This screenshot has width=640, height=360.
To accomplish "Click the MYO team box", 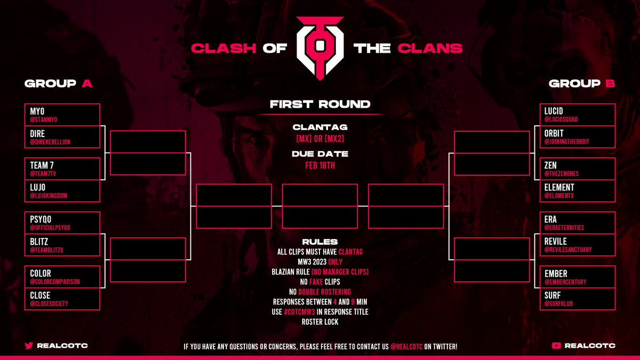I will click(62, 115).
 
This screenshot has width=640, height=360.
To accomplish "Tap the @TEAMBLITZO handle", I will click(50, 250).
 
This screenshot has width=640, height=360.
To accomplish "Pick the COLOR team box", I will click(62, 277).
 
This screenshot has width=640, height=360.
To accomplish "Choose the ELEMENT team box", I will click(578, 191).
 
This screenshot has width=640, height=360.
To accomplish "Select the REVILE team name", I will click(555, 241).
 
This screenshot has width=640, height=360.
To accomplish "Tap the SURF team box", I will click(578, 299).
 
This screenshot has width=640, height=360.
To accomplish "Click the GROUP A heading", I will click(59, 84).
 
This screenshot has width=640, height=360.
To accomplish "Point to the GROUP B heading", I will click(582, 84).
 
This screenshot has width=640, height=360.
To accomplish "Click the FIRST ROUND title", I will click(320, 105).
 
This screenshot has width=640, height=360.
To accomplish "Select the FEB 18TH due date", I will click(320, 165).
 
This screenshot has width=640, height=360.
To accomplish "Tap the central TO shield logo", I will click(320, 49).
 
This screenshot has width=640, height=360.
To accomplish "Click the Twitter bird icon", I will click(29, 346).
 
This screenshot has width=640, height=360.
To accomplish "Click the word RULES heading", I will click(320, 242).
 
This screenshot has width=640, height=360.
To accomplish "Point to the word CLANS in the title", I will click(430, 49).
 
